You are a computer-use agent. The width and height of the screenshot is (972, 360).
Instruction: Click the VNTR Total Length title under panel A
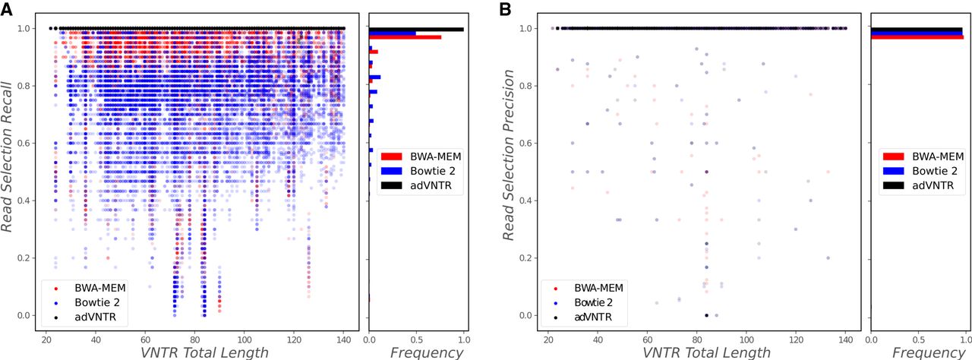(x=204, y=352)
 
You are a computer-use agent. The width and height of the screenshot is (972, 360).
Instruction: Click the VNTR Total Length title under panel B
(x=705, y=352)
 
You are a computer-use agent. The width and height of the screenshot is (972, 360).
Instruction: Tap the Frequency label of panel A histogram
(x=426, y=352)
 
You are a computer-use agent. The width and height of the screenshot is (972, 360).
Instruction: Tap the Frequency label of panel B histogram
(x=928, y=352)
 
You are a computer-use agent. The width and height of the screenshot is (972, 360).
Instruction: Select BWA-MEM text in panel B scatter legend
(x=598, y=287)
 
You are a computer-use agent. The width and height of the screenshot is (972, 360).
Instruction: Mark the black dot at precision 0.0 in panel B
(x=707, y=315)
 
